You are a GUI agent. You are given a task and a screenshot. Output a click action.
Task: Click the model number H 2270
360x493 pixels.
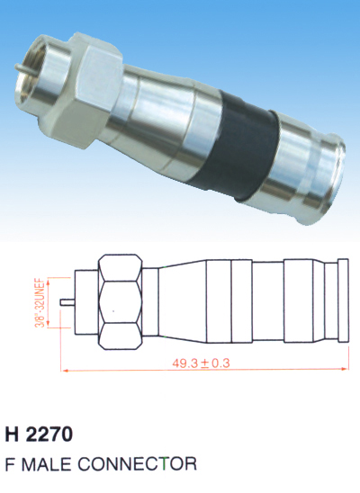[x=39, y=435]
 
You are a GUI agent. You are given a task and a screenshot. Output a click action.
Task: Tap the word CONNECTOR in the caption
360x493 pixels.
[x=137, y=463]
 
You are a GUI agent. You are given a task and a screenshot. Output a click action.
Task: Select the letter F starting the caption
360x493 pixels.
[x=10, y=463]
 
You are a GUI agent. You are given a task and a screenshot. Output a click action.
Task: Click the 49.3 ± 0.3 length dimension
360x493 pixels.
[x=201, y=363]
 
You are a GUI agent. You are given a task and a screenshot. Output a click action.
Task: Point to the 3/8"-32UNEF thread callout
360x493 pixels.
[x=40, y=302]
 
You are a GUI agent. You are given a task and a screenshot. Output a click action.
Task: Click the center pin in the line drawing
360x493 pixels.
[x=67, y=302]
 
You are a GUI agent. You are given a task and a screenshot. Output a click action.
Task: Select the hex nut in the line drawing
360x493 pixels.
[x=120, y=302]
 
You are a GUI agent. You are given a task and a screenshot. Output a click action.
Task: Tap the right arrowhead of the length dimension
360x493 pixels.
[x=345, y=369]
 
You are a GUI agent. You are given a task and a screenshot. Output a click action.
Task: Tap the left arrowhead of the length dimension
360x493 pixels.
[x=65, y=371]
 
